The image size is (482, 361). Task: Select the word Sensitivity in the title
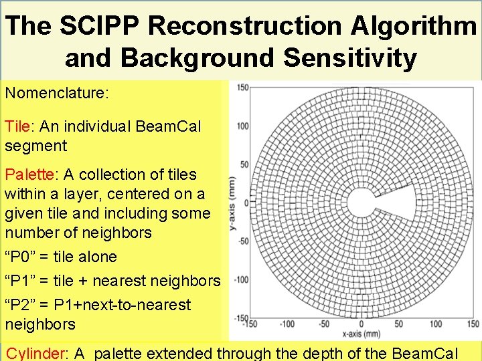point(349,58)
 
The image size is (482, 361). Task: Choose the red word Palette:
point(31,174)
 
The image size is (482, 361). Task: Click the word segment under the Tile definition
point(36,145)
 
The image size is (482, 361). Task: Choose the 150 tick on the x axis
point(473,324)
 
